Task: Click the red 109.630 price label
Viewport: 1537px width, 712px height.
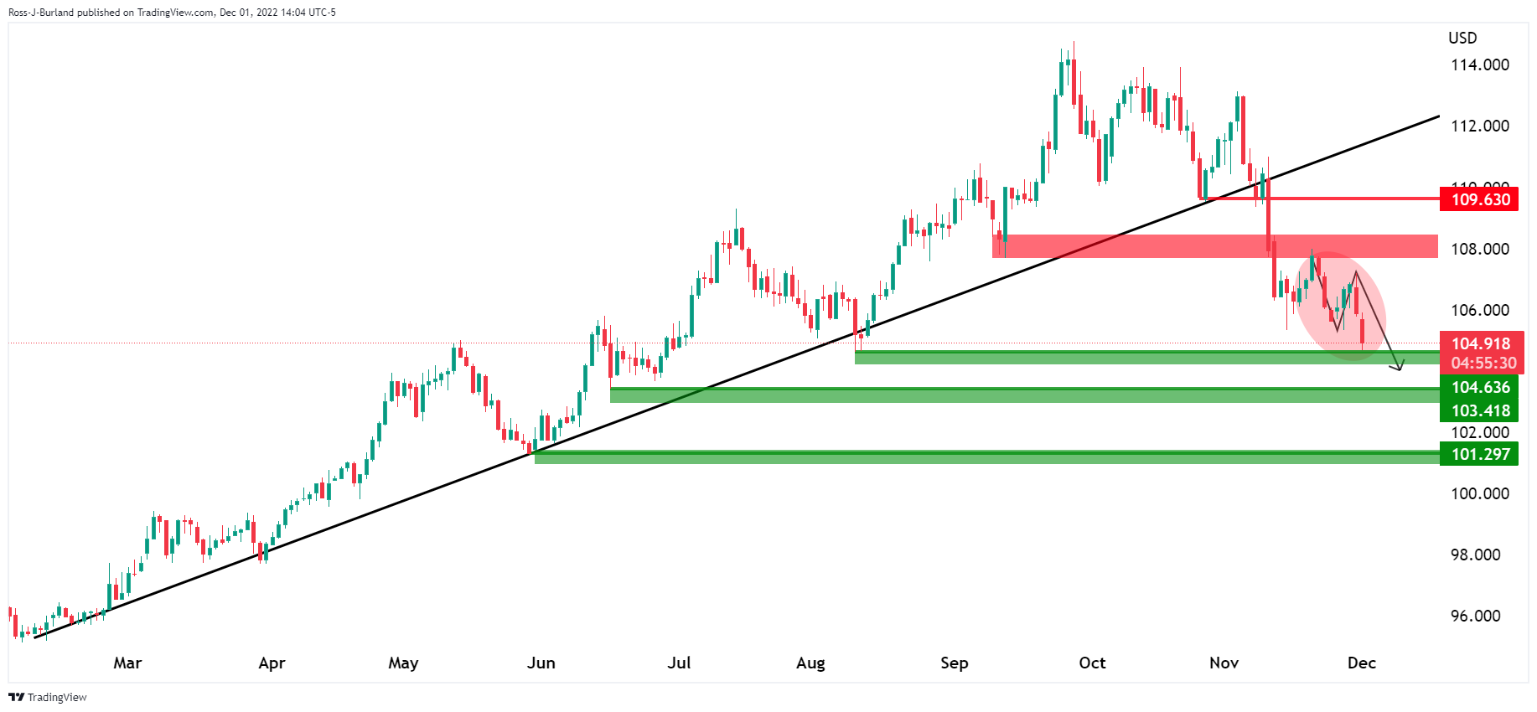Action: (1480, 199)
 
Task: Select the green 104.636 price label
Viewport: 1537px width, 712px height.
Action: (1480, 387)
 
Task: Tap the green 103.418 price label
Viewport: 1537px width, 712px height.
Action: (1480, 410)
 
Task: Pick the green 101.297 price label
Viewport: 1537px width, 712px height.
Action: (1480, 454)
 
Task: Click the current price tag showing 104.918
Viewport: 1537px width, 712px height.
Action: (1480, 343)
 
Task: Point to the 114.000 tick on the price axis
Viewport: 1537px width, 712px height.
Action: (1479, 64)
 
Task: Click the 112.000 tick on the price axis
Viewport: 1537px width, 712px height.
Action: (1479, 126)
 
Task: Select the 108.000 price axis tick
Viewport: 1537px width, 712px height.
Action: (1479, 249)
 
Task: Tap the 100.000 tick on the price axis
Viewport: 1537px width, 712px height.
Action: (1479, 493)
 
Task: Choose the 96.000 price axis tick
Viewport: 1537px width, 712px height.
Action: (1475, 616)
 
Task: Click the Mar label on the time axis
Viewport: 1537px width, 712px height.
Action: (127, 663)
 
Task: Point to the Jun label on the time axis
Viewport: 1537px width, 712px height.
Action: (541, 663)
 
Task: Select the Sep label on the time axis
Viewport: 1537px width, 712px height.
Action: (954, 663)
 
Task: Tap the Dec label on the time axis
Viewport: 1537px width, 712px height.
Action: (1361, 663)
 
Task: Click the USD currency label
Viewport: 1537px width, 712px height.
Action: (1462, 38)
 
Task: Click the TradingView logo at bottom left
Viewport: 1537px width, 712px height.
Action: (48, 697)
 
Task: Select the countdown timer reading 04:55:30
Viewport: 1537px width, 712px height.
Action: (1483, 363)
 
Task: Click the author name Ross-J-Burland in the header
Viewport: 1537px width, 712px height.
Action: (40, 13)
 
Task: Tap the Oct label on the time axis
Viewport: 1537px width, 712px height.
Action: (1092, 663)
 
